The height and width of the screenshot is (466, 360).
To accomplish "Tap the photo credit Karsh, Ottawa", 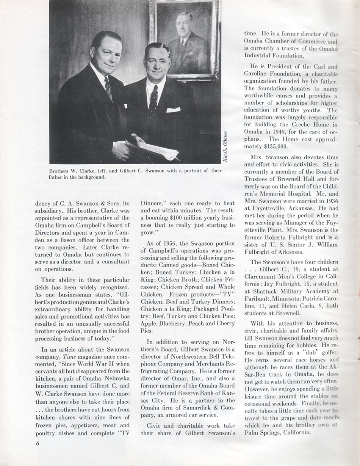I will (225, 147).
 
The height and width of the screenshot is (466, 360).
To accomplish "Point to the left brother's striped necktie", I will (108, 88).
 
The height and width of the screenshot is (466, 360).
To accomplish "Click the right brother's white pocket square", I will (173, 110).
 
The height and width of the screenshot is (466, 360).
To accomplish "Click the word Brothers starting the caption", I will (60, 171).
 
